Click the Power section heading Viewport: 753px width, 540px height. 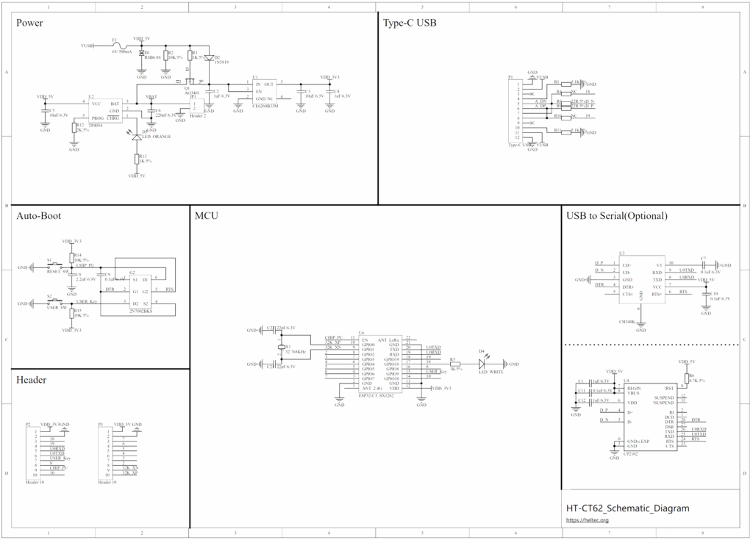click(29, 23)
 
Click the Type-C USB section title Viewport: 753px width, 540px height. click(410, 23)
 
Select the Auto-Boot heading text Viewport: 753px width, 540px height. click(38, 216)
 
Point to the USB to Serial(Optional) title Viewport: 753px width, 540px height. click(616, 216)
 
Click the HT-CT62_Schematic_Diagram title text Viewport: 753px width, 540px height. click(627, 508)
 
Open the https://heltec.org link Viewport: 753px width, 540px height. click(587, 520)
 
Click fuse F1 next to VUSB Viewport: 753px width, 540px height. click(115, 45)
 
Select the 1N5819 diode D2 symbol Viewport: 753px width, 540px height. click(209, 57)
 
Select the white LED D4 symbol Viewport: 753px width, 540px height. click(482, 364)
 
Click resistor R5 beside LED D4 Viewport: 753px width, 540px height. click(454, 364)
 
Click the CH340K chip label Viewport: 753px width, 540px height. click(627, 321)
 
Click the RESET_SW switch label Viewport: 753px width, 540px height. click(57, 272)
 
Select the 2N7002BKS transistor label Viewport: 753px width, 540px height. click(139, 312)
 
